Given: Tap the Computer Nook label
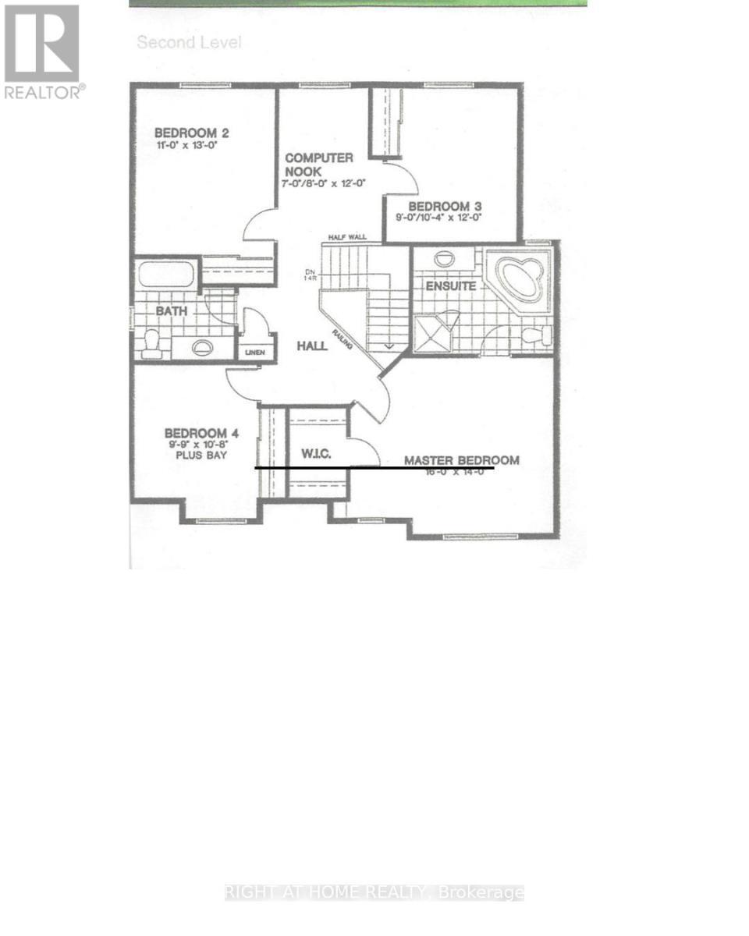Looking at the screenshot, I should pos(318,164).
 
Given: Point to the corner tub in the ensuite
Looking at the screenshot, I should pos(519,278).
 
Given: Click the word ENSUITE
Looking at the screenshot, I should pos(450,286).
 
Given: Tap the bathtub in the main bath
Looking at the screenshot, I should pos(165,274).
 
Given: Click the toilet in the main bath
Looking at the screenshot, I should pos(151,344).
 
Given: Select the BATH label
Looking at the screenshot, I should pos(172,311).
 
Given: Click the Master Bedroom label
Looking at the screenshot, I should pos(461,460).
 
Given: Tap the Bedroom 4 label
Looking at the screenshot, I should pos(201,434).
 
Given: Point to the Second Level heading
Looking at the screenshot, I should pos(189,42).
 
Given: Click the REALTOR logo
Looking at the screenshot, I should pos(42,51).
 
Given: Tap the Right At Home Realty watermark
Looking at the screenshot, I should pos(374,892).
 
